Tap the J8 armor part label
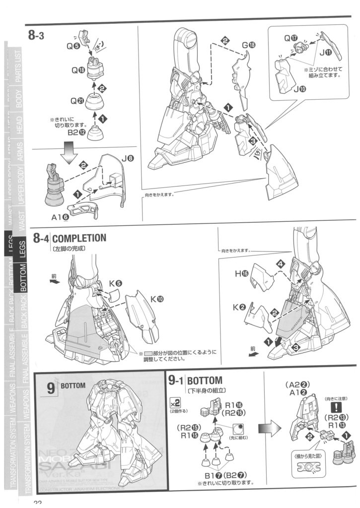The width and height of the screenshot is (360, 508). tap(127, 159)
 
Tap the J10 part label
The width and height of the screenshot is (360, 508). tap(300, 89)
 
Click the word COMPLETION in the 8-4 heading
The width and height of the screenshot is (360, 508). tap(78, 238)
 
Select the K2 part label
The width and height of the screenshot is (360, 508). tap(239, 308)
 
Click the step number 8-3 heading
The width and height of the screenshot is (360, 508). tap(37, 36)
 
